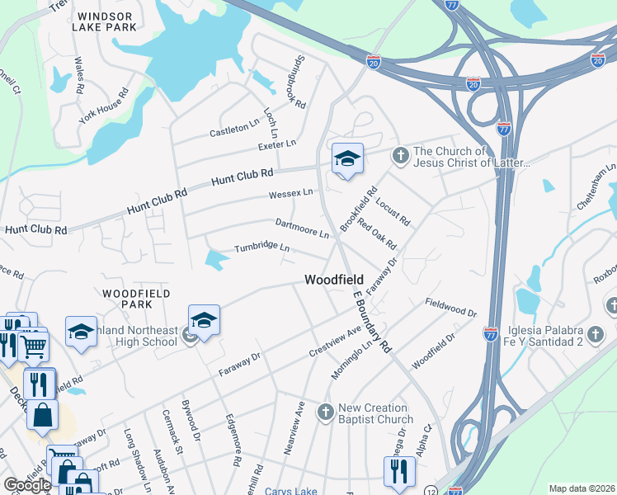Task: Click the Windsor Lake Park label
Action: click(104, 21)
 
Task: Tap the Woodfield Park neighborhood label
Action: click(137, 299)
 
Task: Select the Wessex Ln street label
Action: click(290, 194)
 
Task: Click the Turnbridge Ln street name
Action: click(261, 247)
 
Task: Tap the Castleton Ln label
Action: click(234, 130)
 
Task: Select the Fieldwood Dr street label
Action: click(451, 309)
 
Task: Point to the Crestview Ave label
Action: click(336, 341)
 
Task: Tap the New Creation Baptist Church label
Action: click(373, 414)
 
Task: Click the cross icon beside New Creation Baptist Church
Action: click(325, 411)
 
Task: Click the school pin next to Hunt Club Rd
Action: click(347, 158)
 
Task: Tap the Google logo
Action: click(27, 485)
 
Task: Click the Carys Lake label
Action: click(290, 491)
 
